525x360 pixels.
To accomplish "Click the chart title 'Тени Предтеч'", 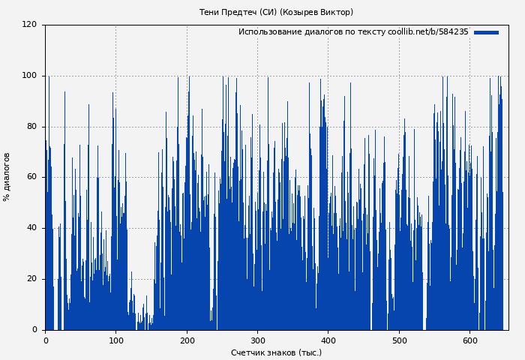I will click(226, 12).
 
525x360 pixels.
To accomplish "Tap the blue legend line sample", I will click(486, 32).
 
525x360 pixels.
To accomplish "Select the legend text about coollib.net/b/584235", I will click(352, 32).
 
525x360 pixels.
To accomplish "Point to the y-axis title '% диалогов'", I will click(7, 177).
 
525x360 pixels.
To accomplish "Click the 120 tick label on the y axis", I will click(29, 25).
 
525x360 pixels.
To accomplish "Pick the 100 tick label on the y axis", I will click(29, 76).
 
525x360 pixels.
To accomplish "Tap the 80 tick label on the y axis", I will click(31, 127).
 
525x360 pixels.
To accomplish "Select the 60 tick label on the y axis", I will click(31, 178).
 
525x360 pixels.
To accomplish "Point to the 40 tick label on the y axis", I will click(31, 228).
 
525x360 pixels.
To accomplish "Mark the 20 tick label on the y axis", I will click(31, 279).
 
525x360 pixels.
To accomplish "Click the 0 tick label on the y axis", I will click(34, 330).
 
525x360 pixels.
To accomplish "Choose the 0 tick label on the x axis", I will click(45, 340).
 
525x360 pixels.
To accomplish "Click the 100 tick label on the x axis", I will click(116, 340).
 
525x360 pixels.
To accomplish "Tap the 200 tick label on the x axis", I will click(187, 340).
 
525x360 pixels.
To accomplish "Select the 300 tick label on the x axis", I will click(257, 340).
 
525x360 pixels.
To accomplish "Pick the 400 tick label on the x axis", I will click(328, 340).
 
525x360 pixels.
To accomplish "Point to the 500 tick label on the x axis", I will click(399, 340).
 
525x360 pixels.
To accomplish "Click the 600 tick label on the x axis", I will click(469, 340).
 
